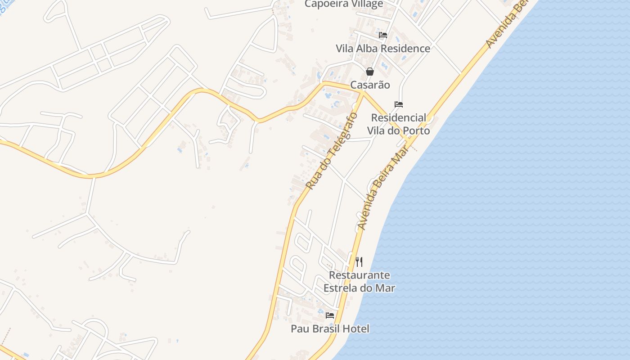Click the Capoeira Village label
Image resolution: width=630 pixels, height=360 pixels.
pyautogui.click(x=344, y=4)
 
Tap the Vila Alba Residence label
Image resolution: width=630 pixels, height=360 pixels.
pyautogui.click(x=383, y=49)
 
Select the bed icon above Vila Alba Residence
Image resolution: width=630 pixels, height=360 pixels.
pyautogui.click(x=383, y=35)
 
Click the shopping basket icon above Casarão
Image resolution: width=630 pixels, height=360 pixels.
pyautogui.click(x=370, y=72)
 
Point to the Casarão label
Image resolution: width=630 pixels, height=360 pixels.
pyautogui.click(x=370, y=85)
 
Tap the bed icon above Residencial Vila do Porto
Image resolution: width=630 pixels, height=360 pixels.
pyautogui.click(x=399, y=104)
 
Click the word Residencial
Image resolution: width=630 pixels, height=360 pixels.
pyautogui.click(x=398, y=117)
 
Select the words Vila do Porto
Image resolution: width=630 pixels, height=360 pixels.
pyautogui.click(x=398, y=131)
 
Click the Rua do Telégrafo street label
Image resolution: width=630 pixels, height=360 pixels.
pyautogui.click(x=332, y=151)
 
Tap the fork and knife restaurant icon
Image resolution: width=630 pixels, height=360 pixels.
pyautogui.click(x=359, y=262)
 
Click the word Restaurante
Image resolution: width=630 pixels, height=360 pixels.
pyautogui.click(x=359, y=275)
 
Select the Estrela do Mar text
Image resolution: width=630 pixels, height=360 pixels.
pyautogui.click(x=359, y=288)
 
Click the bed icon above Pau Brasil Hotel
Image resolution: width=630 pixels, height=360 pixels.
pyautogui.click(x=330, y=315)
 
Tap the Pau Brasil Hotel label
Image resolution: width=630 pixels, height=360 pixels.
pyautogui.click(x=330, y=329)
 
